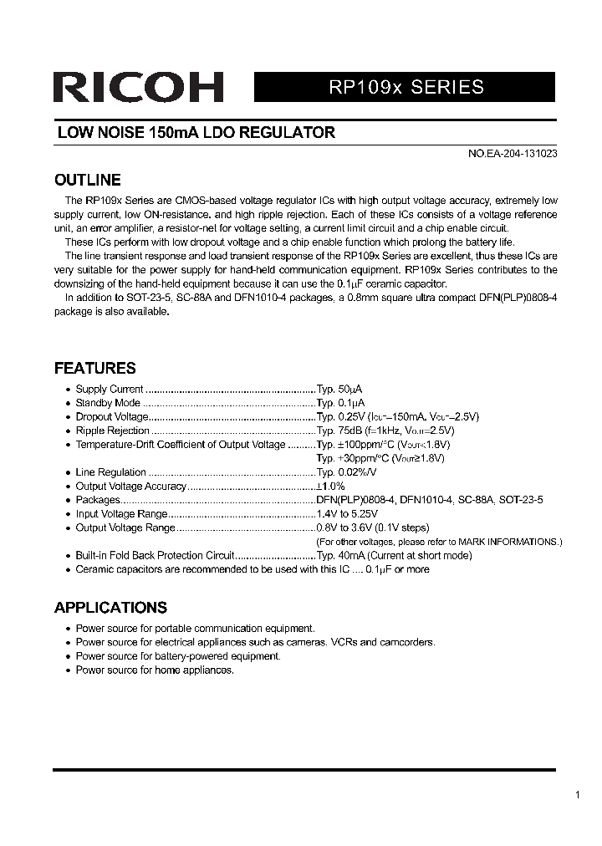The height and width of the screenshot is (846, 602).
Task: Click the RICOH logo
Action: pos(138,87)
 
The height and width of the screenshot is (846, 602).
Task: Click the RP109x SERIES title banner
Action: pos(405,87)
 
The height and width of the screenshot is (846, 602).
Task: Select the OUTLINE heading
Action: pos(87,181)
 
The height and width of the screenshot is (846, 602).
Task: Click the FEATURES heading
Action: pos(94,369)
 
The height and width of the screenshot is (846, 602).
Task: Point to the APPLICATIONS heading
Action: pos(110,608)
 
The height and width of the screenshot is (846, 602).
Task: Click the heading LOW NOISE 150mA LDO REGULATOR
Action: pos(196,133)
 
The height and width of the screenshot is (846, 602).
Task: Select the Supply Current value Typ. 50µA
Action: pos(339,389)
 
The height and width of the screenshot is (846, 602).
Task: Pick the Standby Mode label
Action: pos(108,403)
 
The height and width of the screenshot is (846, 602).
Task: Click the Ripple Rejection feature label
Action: pos(112,431)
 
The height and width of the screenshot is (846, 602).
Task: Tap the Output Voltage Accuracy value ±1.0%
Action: pos(330,487)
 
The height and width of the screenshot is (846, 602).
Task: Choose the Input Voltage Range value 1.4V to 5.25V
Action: pos(346,514)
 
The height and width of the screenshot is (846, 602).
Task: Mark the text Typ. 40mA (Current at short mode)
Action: pos(394,556)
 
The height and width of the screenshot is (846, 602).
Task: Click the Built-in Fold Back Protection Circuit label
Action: pos(155,556)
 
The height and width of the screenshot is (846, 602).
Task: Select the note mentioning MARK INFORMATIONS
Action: pos(438,542)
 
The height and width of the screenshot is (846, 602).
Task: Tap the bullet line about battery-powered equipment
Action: pos(178,656)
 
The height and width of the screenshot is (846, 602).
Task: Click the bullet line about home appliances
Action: pos(155,670)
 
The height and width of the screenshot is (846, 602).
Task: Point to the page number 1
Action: pos(577,795)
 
